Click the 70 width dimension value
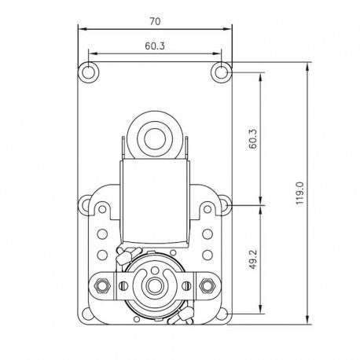(155, 21)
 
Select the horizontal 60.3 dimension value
(155, 46)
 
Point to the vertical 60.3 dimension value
(253, 138)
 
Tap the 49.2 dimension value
(253, 259)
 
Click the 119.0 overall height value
(299, 193)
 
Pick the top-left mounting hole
(89, 72)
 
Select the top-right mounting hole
(222, 72)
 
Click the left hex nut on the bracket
(101, 285)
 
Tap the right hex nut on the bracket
(208, 285)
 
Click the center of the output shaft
(154, 286)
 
